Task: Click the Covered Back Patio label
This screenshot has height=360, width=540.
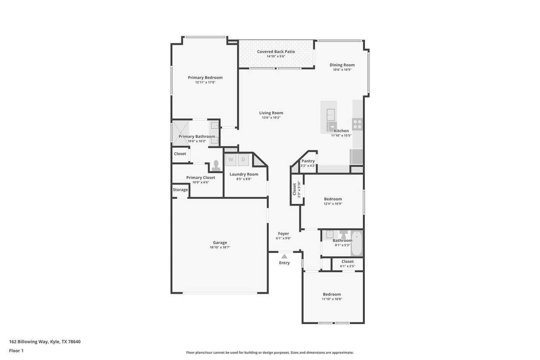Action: point(276,51)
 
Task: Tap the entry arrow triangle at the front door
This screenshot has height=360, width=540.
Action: point(284,256)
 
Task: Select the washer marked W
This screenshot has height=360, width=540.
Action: point(231,160)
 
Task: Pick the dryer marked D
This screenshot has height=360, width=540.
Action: point(243,160)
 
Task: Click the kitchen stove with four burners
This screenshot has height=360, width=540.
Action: point(357,124)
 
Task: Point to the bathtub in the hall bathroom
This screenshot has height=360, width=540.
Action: point(356,243)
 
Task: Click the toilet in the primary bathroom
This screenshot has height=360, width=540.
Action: point(216,166)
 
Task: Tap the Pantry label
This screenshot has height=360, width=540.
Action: point(308,161)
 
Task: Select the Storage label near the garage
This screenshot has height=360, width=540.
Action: point(180,190)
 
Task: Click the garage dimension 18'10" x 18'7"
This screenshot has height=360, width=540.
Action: point(220,247)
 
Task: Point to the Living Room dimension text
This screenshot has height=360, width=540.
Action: point(271,118)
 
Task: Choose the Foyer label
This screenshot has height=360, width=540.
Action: point(283,233)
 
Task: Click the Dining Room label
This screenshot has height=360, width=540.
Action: point(342,65)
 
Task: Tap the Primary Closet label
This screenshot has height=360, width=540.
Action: point(200,178)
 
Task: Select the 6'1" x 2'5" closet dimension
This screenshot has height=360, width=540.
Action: point(348,266)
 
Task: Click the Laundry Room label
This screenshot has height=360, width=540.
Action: point(244,174)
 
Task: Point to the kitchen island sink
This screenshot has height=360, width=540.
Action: point(330,115)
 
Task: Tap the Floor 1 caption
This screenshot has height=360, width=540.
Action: point(16,351)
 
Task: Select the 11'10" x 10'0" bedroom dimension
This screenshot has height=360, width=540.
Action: point(332,299)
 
